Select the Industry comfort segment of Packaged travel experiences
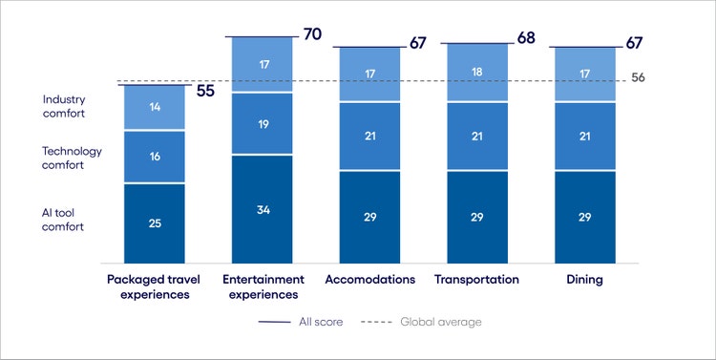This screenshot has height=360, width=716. [x=154, y=108]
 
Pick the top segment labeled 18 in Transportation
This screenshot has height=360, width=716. [x=476, y=73]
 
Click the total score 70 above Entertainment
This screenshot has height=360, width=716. [x=312, y=35]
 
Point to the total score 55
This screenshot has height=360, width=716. [x=205, y=92]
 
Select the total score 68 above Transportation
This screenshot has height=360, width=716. [x=525, y=39]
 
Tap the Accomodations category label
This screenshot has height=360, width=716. [x=369, y=280]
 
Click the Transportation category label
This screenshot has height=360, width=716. [x=476, y=280]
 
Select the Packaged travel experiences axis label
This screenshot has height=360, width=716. [x=154, y=286]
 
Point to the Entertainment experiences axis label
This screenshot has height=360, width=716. [x=263, y=286]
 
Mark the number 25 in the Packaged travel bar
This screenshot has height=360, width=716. [x=154, y=223]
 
